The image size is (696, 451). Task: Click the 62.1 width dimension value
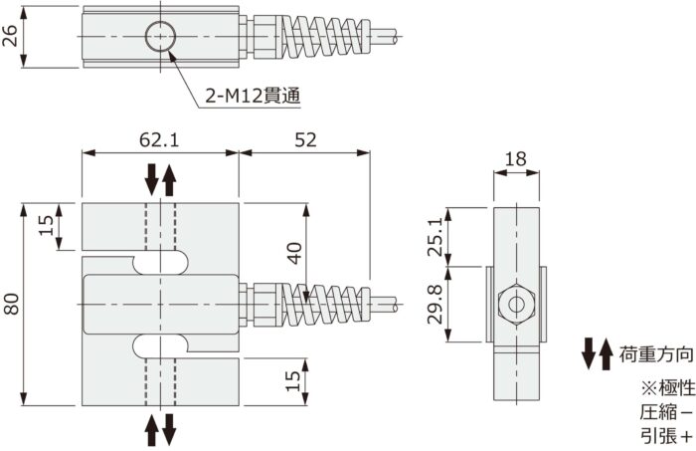[159, 140]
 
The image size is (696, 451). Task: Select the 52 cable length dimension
[305, 140]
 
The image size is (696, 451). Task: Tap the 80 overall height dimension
[12, 304]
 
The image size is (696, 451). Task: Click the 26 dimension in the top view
[12, 36]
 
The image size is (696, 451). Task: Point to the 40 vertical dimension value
[293, 253]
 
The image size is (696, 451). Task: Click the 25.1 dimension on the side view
[435, 237]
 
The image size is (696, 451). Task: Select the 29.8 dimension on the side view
[435, 304]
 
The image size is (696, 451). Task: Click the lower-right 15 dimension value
[292, 379]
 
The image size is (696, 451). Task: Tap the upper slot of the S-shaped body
[159, 262]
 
